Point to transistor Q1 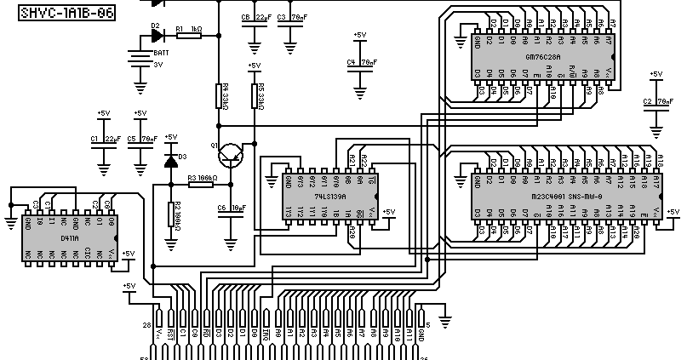click(x=232, y=155)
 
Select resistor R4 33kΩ click(x=220, y=96)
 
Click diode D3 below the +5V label click(x=171, y=158)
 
